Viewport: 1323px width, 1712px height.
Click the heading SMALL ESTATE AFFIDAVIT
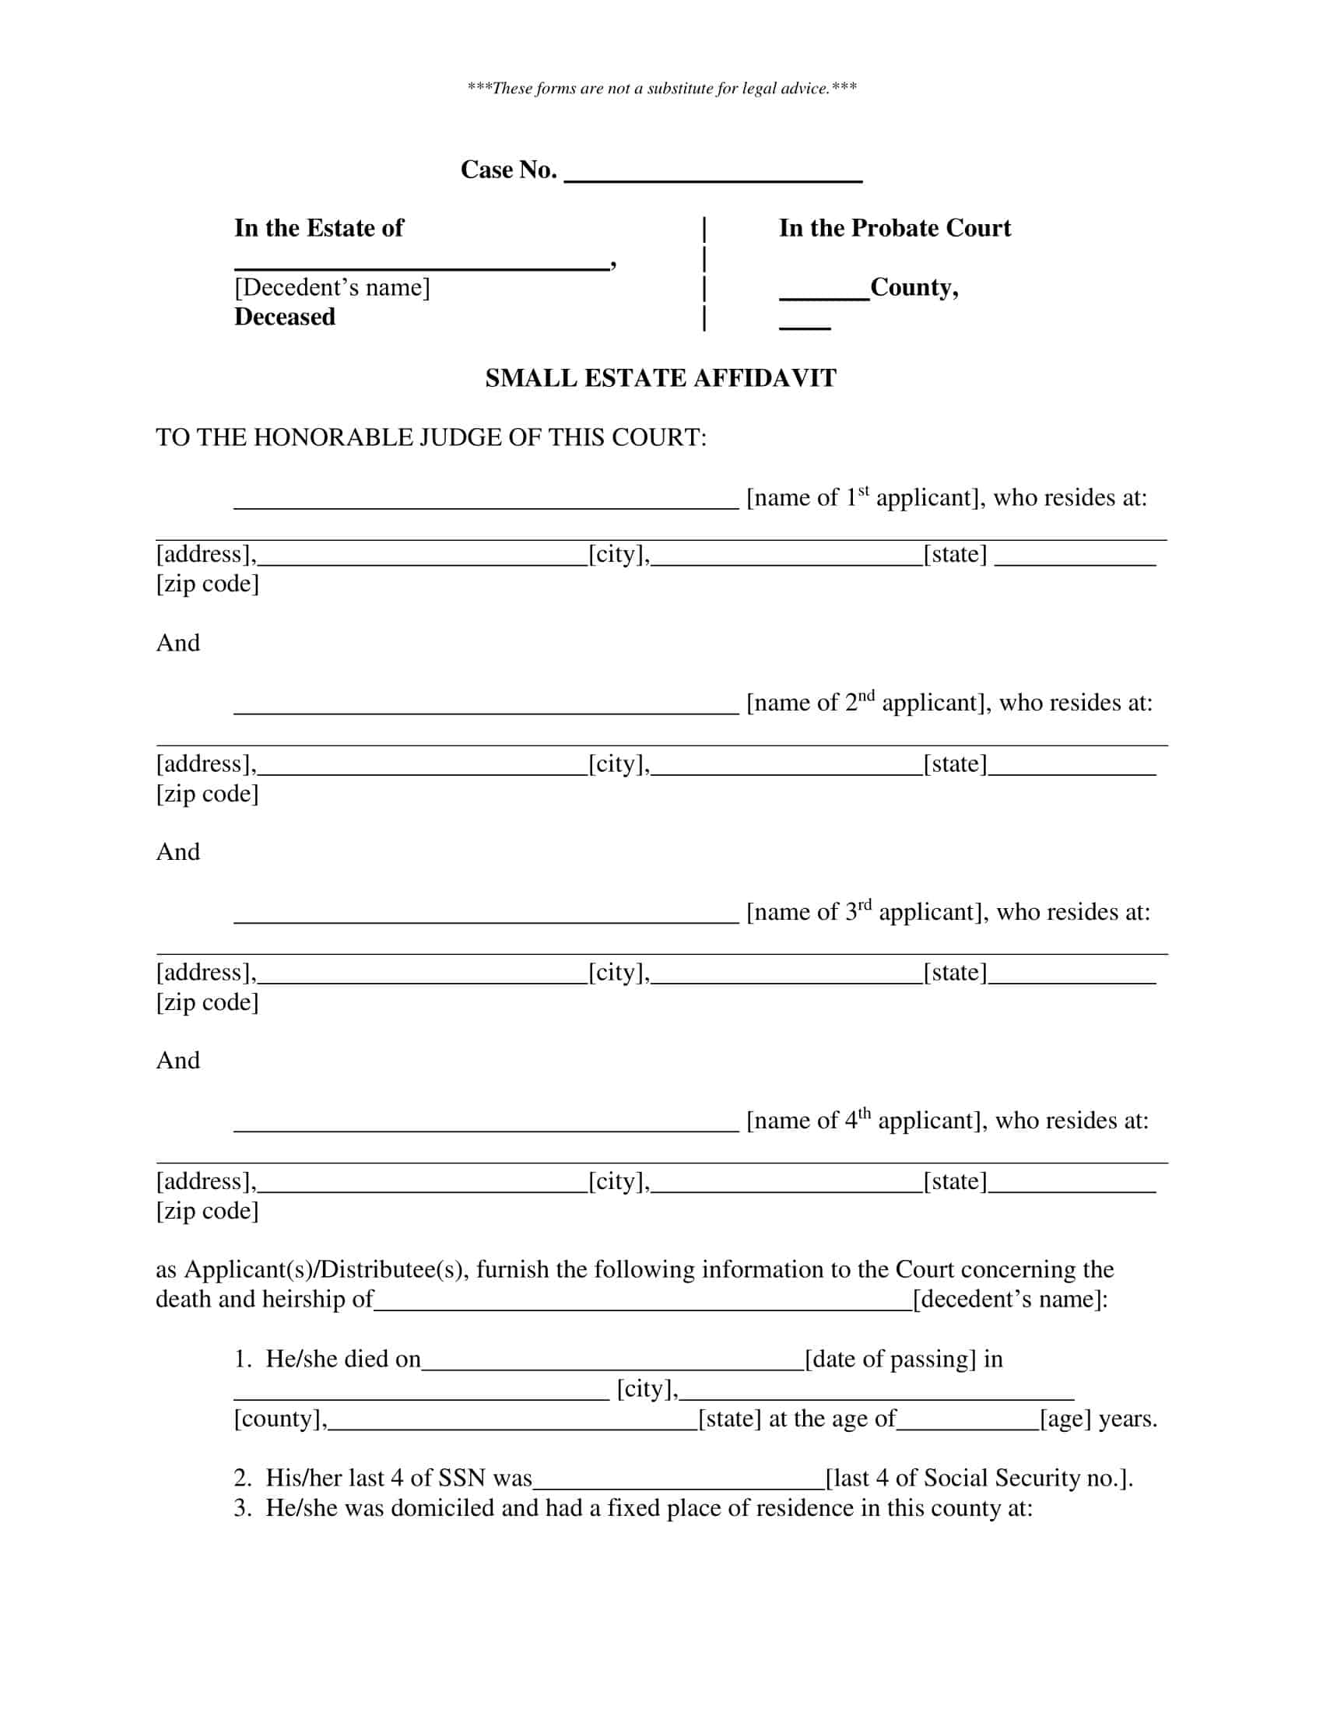tap(661, 379)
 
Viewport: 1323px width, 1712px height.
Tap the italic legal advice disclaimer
tap(661, 89)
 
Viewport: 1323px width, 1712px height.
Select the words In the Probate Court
tap(894, 228)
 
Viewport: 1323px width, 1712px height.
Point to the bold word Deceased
tap(285, 317)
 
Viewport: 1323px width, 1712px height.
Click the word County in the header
tap(913, 288)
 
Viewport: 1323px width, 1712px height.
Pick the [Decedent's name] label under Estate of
tap(332, 288)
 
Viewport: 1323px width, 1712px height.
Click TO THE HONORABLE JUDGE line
tap(431, 437)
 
